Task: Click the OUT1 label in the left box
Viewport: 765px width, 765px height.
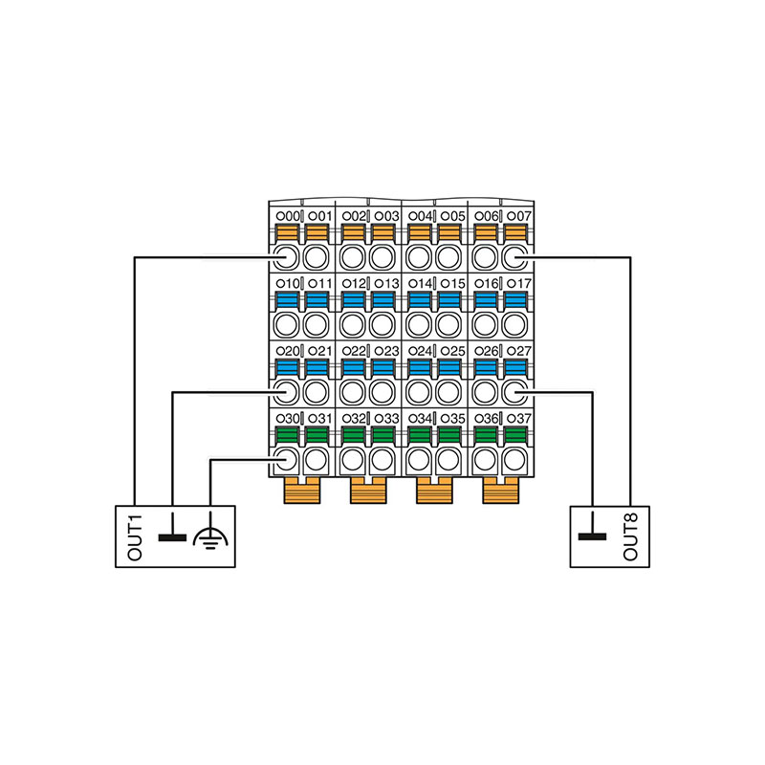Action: [x=135, y=537]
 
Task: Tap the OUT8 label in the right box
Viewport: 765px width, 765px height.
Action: [x=629, y=537]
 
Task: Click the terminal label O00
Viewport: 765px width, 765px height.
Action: [x=287, y=216]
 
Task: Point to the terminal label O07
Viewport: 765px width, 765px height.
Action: [x=517, y=216]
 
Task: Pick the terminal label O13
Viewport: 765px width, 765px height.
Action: [x=385, y=284]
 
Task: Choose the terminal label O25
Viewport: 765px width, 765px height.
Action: [x=451, y=351]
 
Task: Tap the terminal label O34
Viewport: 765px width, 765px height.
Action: [x=419, y=419]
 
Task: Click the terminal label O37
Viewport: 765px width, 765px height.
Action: [x=517, y=419]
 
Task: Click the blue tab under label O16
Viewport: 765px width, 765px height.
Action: [x=485, y=299]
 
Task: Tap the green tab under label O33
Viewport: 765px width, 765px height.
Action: [x=385, y=435]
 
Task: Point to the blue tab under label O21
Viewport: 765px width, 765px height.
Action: [x=318, y=367]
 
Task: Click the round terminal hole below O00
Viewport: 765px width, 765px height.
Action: [x=286, y=256]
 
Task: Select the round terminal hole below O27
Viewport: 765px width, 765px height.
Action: [x=516, y=391]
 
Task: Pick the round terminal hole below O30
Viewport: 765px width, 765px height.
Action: [x=286, y=460]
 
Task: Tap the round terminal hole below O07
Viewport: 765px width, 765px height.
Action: [x=516, y=256]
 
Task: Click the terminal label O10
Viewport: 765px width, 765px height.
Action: [x=287, y=284]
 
